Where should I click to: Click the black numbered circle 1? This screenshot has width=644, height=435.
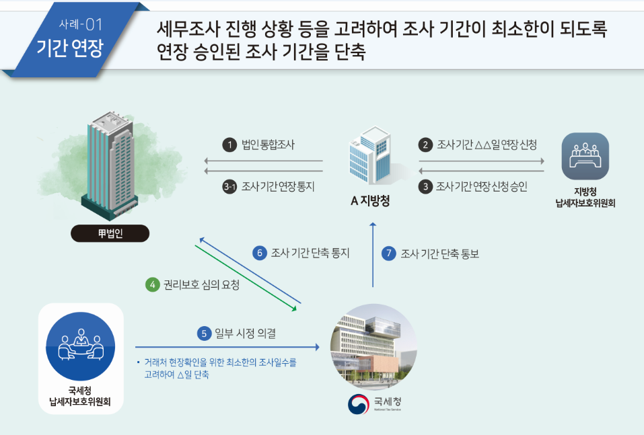click(x=229, y=145)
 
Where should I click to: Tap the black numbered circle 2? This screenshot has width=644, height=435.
click(x=425, y=145)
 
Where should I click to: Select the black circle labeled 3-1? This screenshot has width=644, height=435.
click(x=229, y=187)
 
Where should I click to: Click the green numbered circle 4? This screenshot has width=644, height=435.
click(x=152, y=284)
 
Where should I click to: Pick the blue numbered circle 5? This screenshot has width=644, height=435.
click(x=204, y=333)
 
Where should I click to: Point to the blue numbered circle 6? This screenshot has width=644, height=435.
click(x=260, y=253)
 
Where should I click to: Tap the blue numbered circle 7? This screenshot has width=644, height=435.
click(x=388, y=253)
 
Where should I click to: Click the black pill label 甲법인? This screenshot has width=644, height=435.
click(x=110, y=233)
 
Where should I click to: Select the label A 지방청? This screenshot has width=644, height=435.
click(x=370, y=200)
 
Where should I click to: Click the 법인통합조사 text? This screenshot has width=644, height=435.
click(x=268, y=145)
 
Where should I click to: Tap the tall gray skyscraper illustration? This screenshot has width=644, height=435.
click(x=110, y=165)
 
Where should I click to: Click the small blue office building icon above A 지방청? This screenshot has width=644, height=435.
click(x=370, y=155)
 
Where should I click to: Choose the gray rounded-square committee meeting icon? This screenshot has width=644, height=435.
click(x=585, y=156)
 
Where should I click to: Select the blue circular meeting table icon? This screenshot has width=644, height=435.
click(x=81, y=346)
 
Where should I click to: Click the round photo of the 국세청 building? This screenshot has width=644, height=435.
click(x=373, y=347)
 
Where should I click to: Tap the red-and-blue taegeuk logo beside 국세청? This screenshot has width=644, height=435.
click(x=358, y=404)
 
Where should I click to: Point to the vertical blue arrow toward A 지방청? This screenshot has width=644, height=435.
click(x=373, y=255)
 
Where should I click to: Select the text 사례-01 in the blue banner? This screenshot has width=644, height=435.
click(x=81, y=24)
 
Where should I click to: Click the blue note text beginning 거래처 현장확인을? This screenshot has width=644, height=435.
click(x=217, y=368)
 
